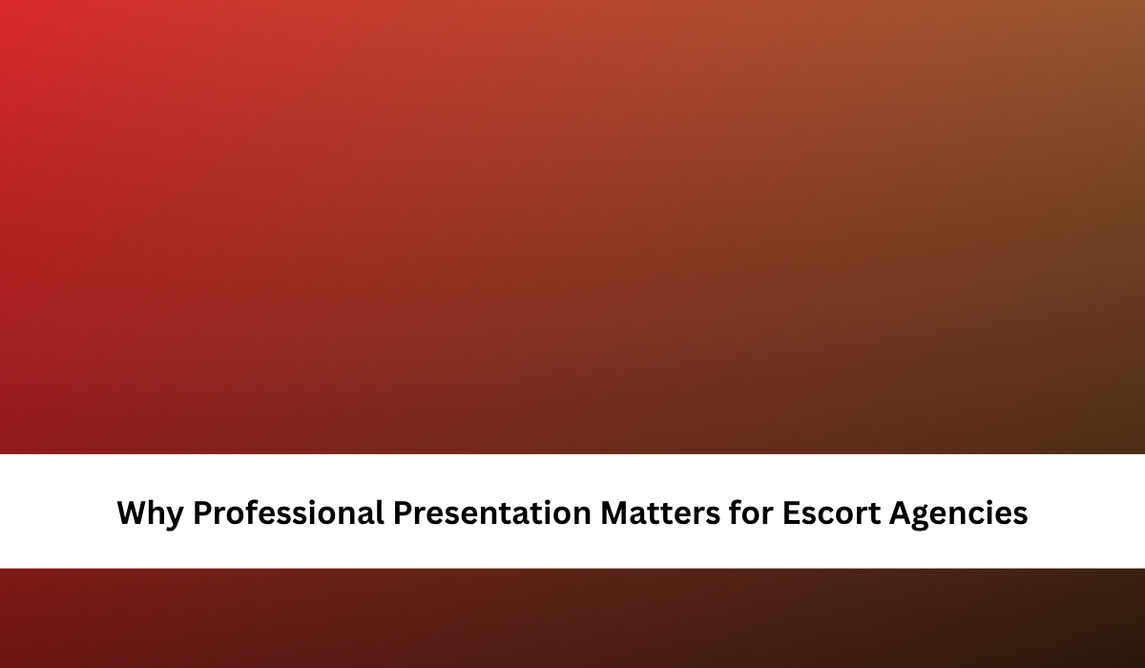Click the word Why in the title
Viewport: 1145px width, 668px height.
[x=151, y=513]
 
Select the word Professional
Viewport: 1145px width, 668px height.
[x=288, y=512]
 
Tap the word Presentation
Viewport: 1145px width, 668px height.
[x=492, y=512]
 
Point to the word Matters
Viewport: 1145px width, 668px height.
[x=660, y=513]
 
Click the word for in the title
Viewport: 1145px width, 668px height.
[x=751, y=512]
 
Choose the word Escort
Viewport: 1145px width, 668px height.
[x=831, y=513]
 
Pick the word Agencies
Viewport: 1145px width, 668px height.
[x=958, y=514]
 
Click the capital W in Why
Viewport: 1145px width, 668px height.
[x=134, y=512]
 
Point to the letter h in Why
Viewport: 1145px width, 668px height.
[x=158, y=512]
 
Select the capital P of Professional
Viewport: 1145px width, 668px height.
[x=203, y=512]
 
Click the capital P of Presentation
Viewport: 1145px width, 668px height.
[x=403, y=512]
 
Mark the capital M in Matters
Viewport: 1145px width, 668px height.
[x=614, y=512]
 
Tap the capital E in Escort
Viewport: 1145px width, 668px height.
[x=791, y=512]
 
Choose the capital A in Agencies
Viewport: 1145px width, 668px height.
[x=902, y=512]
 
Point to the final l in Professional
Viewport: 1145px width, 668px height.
[x=381, y=512]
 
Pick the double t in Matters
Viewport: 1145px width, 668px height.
[x=661, y=514]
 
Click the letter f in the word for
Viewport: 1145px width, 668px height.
[x=736, y=512]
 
